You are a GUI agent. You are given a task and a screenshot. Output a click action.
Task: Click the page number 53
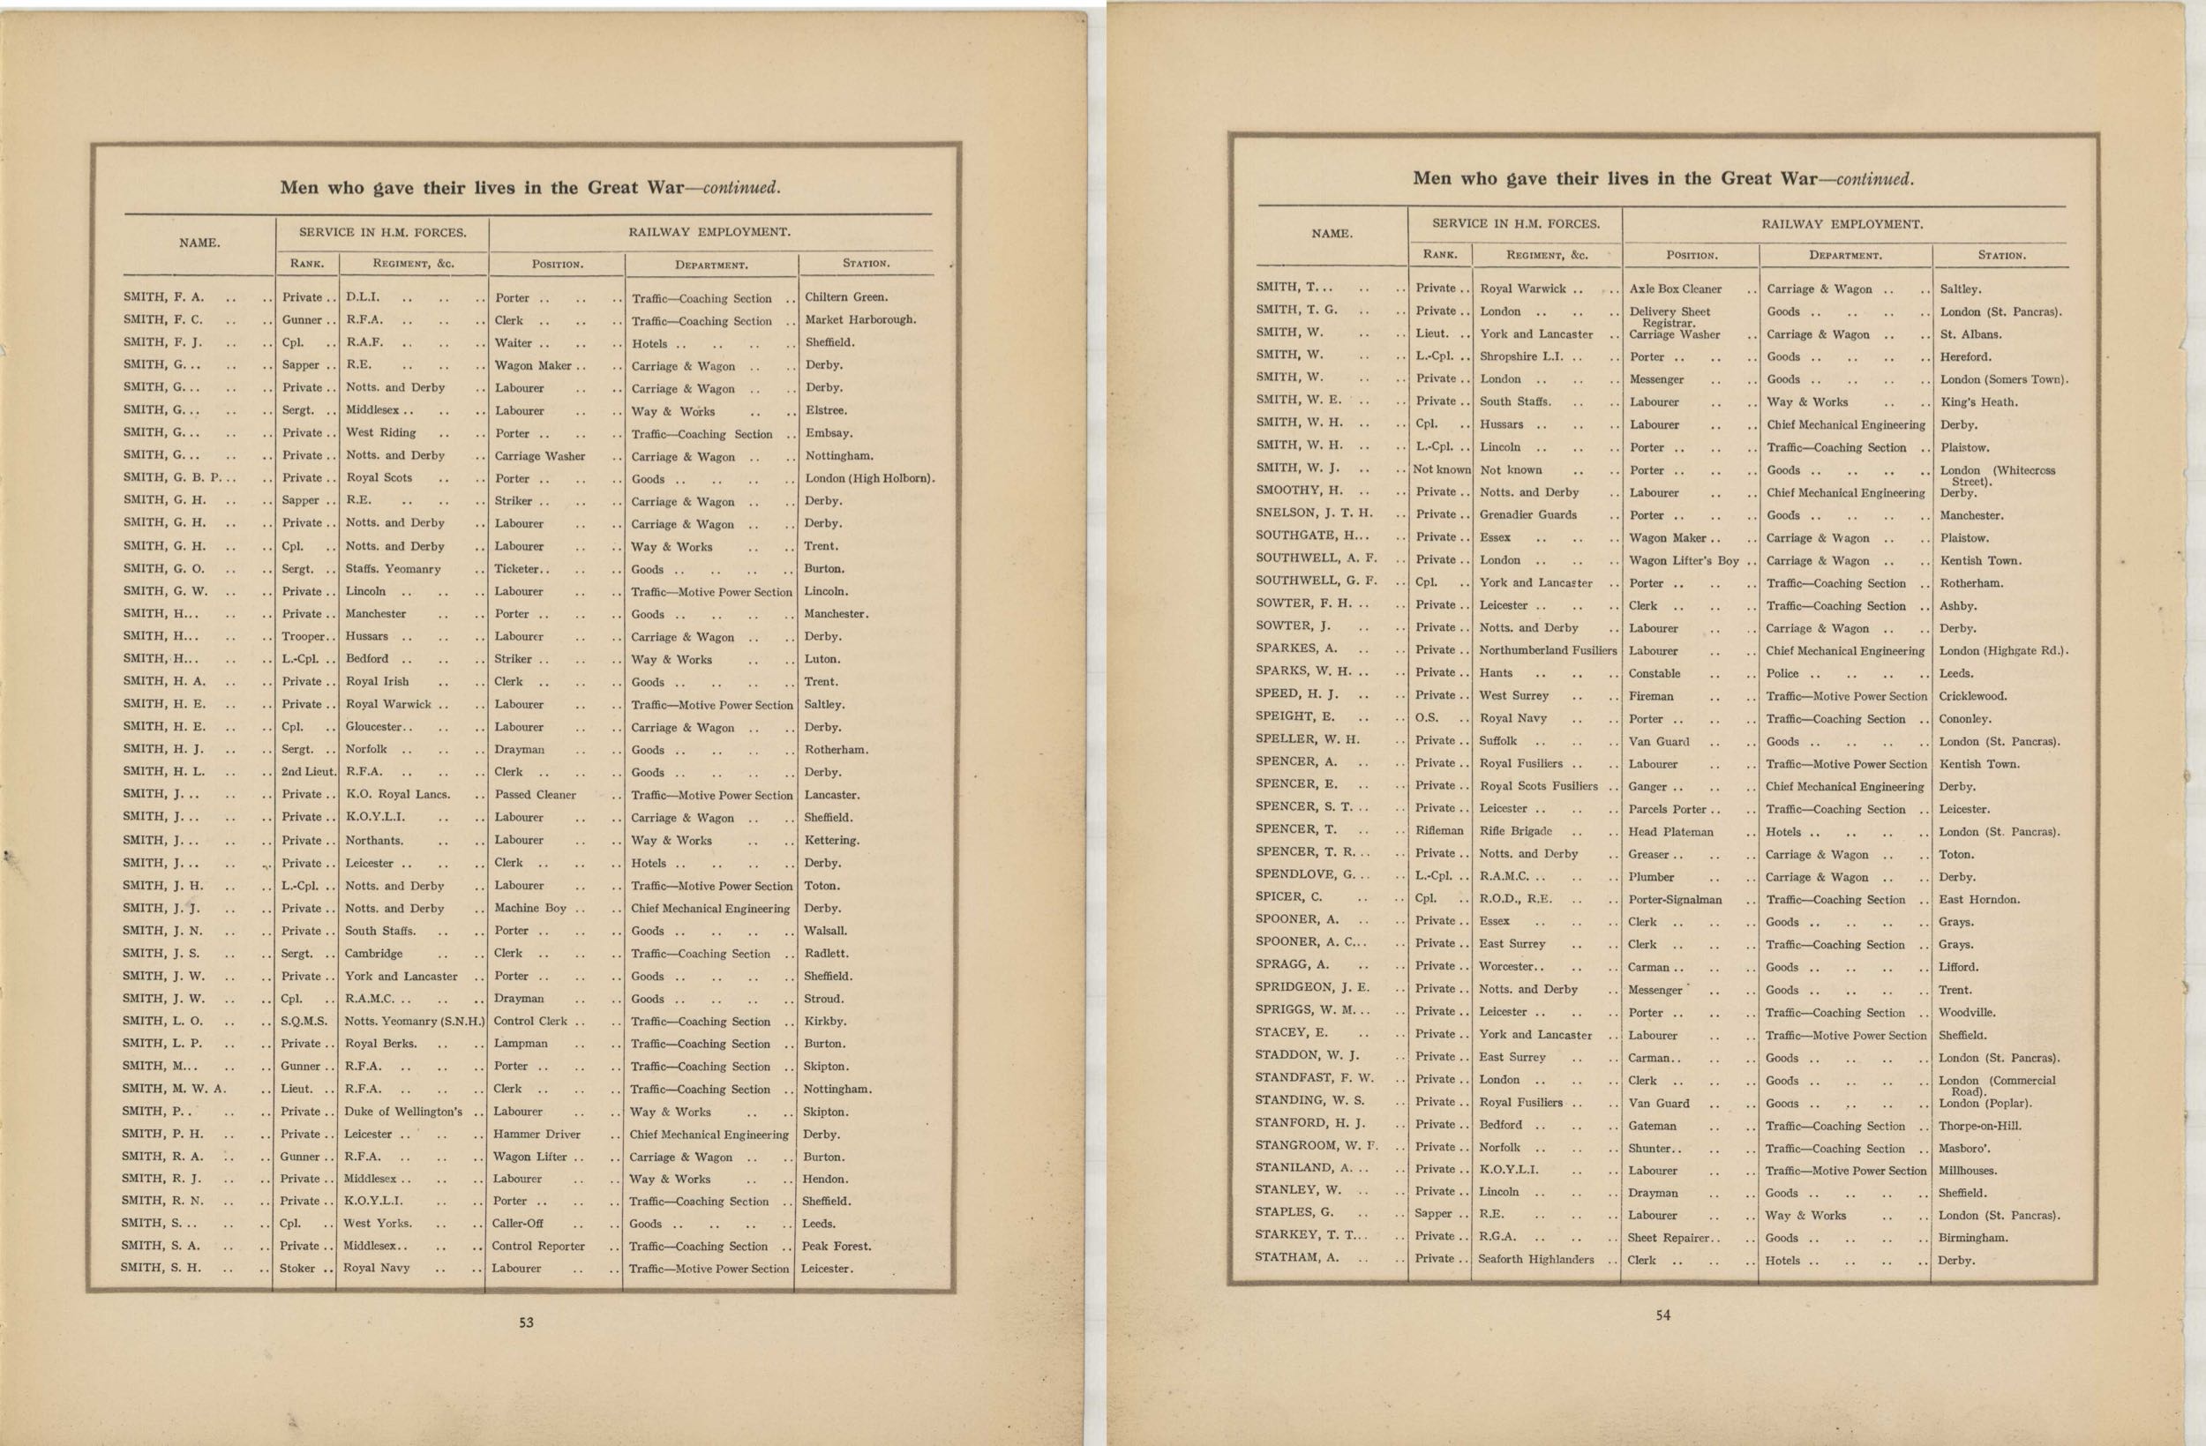coord(526,1322)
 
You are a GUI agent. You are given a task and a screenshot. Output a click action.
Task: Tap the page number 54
coord(1662,1315)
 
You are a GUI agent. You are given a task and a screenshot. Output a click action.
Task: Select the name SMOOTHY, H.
coord(1299,491)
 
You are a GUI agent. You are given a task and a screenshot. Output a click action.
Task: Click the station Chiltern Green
coord(846,297)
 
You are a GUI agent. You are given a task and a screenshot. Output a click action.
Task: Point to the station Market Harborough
coord(859,319)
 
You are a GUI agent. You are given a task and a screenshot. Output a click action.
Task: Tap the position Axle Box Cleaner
coord(1675,289)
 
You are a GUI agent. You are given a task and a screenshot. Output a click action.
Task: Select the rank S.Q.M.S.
coord(304,1021)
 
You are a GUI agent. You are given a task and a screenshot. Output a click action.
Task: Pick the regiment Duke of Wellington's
coord(403,1112)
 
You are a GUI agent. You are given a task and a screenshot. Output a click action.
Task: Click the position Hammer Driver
coord(536,1134)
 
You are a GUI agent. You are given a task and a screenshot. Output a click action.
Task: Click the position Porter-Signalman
coord(1675,899)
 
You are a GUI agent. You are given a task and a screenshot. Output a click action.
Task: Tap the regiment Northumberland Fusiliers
coord(1547,649)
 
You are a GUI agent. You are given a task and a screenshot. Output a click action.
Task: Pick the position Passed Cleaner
coord(535,794)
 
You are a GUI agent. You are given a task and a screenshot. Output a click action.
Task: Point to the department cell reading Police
coord(1782,674)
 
